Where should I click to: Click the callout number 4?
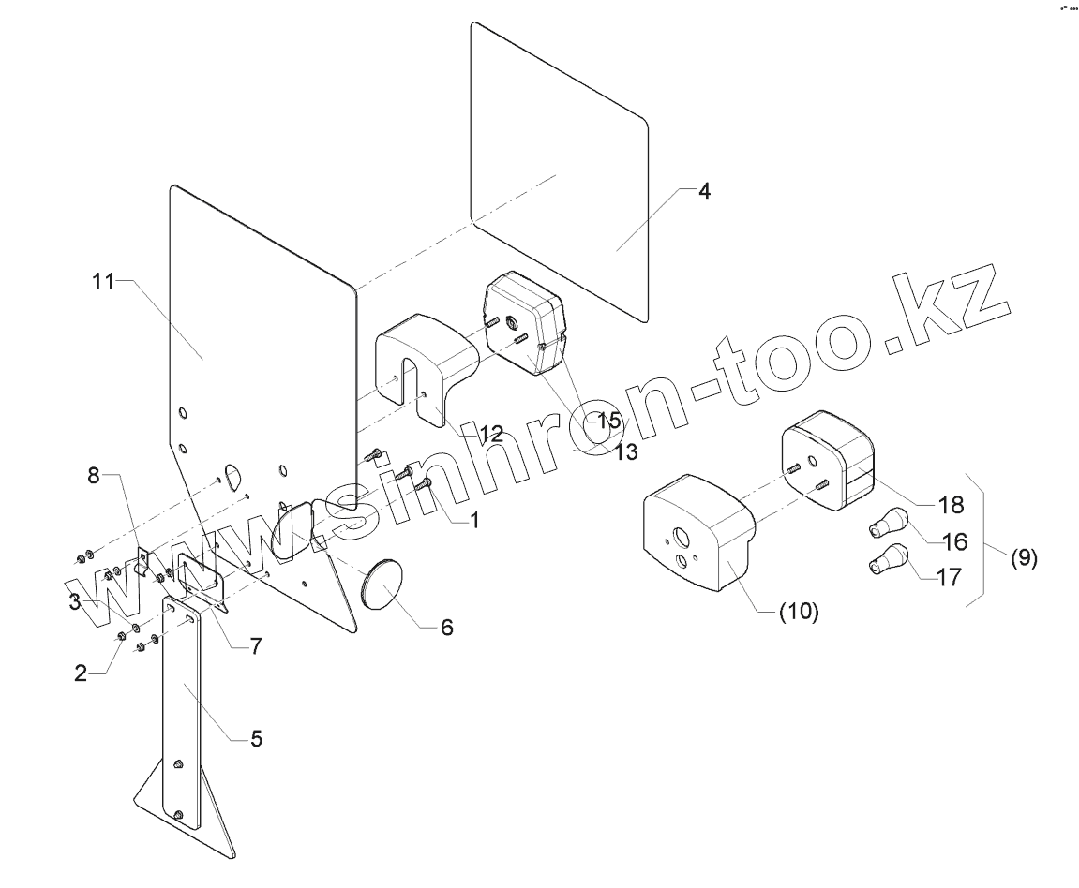(704, 191)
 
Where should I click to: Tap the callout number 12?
(490, 434)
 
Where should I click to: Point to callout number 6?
(446, 627)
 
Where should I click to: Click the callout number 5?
(256, 739)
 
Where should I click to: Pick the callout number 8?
(93, 475)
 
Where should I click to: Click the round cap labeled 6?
(382, 586)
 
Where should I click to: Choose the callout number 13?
(625, 451)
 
